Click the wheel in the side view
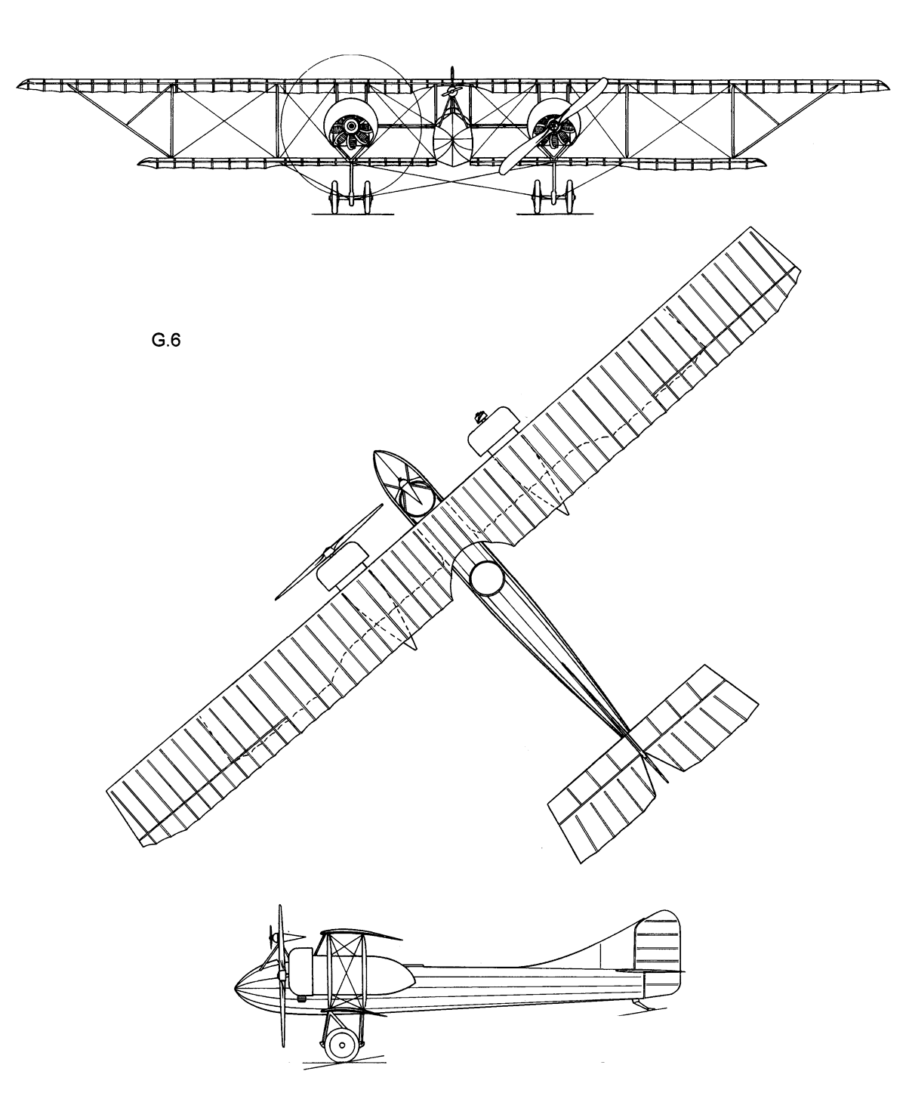[x=342, y=1046]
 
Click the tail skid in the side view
[x=639, y=1003]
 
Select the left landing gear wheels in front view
[x=350, y=199]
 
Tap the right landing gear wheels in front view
[x=554, y=199]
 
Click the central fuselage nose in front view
[x=452, y=140]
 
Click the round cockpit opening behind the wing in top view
[x=486, y=578]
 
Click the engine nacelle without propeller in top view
[x=492, y=428]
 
